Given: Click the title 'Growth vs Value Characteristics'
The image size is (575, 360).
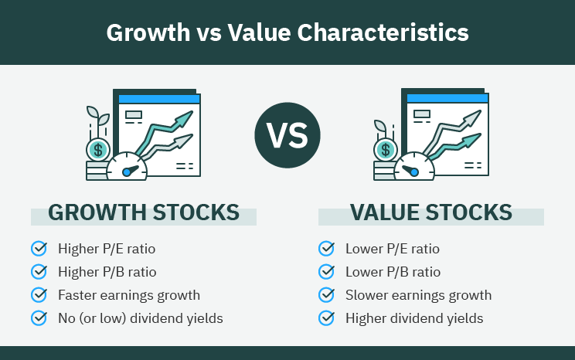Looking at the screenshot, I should pyautogui.click(x=287, y=32).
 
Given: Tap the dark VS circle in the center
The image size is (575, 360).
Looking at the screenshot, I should pyautogui.click(x=287, y=136).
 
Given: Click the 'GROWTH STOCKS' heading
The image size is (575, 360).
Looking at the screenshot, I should pyautogui.click(x=143, y=212).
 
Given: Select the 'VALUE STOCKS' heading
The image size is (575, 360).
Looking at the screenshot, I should pyautogui.click(x=430, y=212).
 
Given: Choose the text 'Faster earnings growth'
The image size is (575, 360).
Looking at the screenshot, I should pyautogui.click(x=129, y=295).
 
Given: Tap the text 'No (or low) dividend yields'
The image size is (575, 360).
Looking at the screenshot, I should pyautogui.click(x=141, y=318).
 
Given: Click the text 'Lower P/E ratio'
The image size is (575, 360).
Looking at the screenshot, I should pyautogui.click(x=393, y=249).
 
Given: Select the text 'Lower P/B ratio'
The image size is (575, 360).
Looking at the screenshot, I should pyautogui.click(x=393, y=272).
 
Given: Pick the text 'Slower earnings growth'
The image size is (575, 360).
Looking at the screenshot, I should pyautogui.click(x=418, y=295).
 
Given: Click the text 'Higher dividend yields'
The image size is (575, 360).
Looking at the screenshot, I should pyautogui.click(x=414, y=318).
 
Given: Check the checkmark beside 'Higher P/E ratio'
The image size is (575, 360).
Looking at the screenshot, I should pyautogui.click(x=39, y=248).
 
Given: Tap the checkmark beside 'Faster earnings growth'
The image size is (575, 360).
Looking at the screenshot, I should pyautogui.click(x=39, y=294).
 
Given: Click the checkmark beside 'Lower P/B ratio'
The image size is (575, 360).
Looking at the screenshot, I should pyautogui.click(x=326, y=271).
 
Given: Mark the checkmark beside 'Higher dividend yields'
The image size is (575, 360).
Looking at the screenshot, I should pyautogui.click(x=326, y=318).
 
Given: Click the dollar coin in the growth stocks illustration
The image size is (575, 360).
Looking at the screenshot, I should pyautogui.click(x=98, y=149).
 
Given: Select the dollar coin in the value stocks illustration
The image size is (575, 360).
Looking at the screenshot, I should pyautogui.click(x=386, y=149).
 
